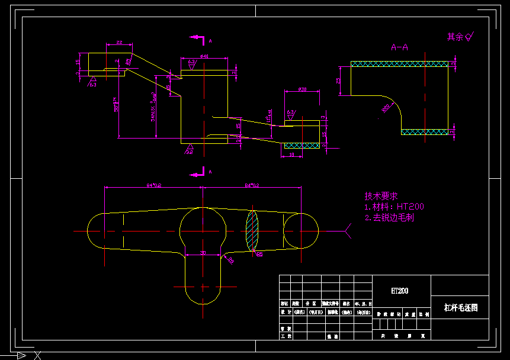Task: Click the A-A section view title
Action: pos(399,47)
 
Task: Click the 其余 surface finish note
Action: pos(460,37)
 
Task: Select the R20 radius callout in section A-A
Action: pos(386,108)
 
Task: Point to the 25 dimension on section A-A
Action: pos(339,80)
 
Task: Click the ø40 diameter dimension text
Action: pos(204,56)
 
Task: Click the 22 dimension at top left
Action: pos(119,43)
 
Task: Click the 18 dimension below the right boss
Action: pos(291,155)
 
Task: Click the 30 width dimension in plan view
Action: pos(203,253)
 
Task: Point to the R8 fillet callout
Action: pos(230,260)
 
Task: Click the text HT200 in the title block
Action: pos(400,291)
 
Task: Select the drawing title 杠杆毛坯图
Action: pos(460,308)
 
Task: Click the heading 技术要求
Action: pos(381,195)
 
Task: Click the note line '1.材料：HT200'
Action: pos(394,207)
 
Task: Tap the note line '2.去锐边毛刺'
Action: pos(389,217)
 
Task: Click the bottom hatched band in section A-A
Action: pos(424,131)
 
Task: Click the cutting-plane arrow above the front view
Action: pos(197,38)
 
